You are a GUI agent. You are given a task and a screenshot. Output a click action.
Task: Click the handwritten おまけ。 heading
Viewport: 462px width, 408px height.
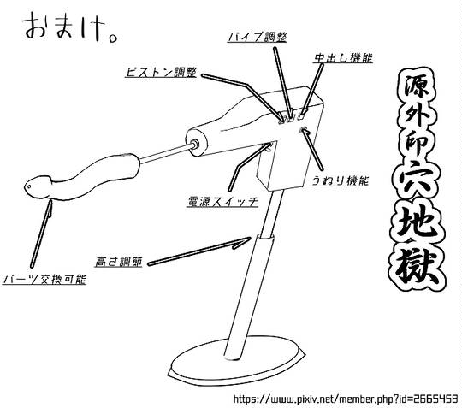(x=70, y=28)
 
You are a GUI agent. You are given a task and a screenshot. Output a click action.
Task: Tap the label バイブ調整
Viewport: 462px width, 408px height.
(x=258, y=37)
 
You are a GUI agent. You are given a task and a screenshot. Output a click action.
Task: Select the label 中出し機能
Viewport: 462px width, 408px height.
(x=343, y=58)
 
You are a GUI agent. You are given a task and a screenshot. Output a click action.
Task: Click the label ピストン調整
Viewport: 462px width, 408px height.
(x=162, y=72)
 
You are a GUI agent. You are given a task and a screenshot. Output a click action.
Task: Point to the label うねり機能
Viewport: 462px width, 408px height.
(x=340, y=180)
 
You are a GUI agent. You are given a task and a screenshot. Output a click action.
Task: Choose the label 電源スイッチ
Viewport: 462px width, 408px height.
(x=222, y=202)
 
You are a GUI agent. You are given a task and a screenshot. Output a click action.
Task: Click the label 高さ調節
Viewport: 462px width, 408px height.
(x=119, y=262)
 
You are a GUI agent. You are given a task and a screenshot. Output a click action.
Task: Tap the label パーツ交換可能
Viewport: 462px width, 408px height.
(x=44, y=279)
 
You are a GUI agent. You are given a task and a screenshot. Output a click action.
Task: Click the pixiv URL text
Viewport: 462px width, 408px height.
(x=346, y=399)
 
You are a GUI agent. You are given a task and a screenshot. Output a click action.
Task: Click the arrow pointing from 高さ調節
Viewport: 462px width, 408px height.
(x=199, y=251)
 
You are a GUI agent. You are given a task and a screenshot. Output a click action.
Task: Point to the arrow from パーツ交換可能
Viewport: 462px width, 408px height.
(x=41, y=234)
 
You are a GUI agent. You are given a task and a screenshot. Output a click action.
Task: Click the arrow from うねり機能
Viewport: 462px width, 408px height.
(x=313, y=149)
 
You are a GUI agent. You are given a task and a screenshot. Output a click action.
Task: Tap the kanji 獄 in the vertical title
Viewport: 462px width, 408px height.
(x=417, y=267)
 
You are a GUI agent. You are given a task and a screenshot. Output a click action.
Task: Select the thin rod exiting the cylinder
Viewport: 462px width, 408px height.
(x=166, y=153)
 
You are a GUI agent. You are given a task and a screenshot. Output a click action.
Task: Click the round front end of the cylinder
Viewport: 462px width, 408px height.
(x=196, y=144)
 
